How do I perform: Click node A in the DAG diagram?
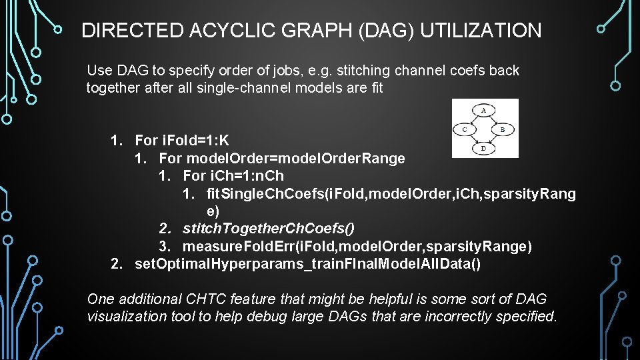[x=485, y=109]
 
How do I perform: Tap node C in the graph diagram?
[x=465, y=129]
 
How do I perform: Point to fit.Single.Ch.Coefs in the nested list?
[x=264, y=194]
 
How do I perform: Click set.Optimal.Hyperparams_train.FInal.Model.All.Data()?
[x=307, y=264]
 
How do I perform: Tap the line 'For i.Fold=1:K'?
[x=181, y=141]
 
